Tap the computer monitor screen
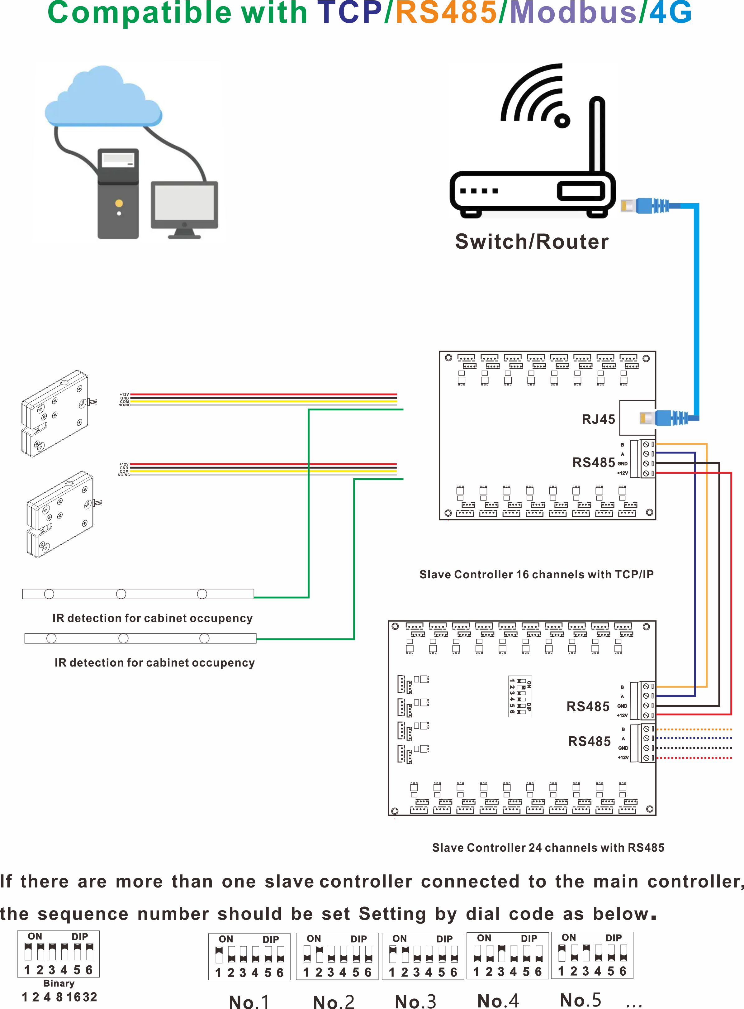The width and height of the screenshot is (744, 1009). (184, 203)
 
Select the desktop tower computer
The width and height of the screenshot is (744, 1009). (118, 194)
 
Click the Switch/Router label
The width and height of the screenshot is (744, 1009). (531, 241)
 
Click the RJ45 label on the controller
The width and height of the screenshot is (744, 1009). (598, 419)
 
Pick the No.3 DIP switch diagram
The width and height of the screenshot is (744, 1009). (423, 956)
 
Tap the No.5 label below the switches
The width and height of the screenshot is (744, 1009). (580, 1000)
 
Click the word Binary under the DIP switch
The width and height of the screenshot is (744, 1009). (59, 983)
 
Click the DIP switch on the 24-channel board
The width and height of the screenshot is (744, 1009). (520, 696)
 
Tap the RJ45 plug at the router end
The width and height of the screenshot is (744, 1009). (644, 206)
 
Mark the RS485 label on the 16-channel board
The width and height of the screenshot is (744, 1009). (593, 462)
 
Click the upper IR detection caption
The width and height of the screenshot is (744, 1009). (152, 618)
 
